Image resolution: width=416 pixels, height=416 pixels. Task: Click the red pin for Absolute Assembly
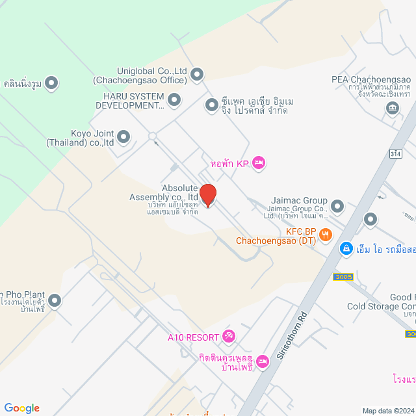pyautogui.click(x=208, y=195)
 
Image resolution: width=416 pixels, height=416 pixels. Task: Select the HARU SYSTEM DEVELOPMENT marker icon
pyautogui.click(x=174, y=99)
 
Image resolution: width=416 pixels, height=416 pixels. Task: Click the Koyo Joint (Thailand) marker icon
pyautogui.click(x=123, y=136)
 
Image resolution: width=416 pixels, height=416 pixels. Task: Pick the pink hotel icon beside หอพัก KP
pyautogui.click(x=258, y=162)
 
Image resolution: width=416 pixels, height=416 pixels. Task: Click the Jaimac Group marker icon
pyautogui.click(x=337, y=207)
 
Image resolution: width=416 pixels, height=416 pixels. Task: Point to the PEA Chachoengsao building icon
pyautogui.click(x=393, y=106)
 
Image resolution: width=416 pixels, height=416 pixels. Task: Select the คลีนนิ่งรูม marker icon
pyautogui.click(x=52, y=83)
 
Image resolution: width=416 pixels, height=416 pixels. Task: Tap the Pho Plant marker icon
pyautogui.click(x=55, y=300)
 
